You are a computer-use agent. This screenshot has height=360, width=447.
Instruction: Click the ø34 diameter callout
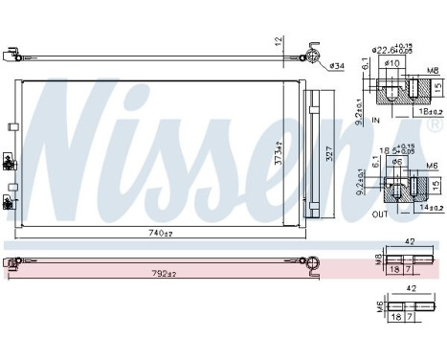coord(337,65)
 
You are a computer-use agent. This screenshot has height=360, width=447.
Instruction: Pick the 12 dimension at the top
coord(279,40)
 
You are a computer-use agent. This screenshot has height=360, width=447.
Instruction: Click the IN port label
coord(376,122)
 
